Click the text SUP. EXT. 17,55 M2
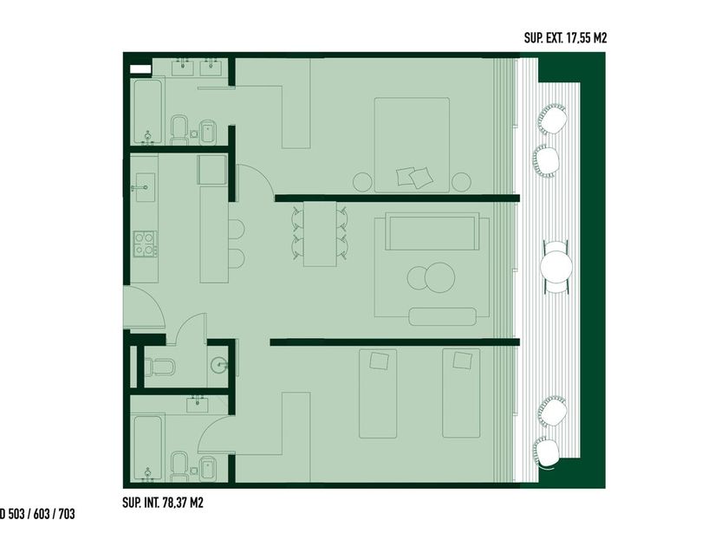pos(565,38)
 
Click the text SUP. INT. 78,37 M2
pos(163,503)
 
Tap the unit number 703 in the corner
pos(67,515)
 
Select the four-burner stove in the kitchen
pos(145,244)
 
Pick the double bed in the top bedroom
pos(412,145)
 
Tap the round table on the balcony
pos(556,267)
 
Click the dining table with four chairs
pos(320,233)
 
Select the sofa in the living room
pos(432,231)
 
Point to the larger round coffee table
pos(439,277)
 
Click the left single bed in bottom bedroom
pos(378,393)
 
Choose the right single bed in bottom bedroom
pos(461,393)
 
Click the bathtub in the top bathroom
pos(147,112)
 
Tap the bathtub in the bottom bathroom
pos(147,448)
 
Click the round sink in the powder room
pos(219,365)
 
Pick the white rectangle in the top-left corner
pos(140,69)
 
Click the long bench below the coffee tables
pos(443,316)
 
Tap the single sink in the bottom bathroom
pos(198,404)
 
